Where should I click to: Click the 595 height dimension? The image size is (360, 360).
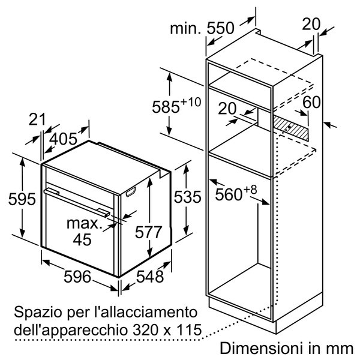[22, 199]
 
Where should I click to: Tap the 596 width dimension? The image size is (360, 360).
[77, 277]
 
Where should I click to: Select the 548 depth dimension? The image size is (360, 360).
[150, 277]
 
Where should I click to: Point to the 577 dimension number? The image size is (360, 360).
[149, 232]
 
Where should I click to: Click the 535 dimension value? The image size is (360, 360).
[188, 197]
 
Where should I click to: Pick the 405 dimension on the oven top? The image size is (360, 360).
[64, 139]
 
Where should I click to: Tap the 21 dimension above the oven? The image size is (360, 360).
[37, 119]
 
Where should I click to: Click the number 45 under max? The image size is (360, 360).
[82, 239]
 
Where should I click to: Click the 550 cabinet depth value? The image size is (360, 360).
[220, 28]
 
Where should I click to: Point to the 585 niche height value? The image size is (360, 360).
[166, 107]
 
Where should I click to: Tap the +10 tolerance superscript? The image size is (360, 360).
[191, 102]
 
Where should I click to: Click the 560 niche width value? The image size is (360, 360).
[229, 194]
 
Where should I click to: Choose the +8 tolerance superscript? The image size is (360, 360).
[250, 190]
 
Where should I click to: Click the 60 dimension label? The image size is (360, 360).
[311, 102]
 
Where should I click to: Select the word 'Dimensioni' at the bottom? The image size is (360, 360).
[260, 348]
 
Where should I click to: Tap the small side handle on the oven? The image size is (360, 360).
[131, 192]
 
